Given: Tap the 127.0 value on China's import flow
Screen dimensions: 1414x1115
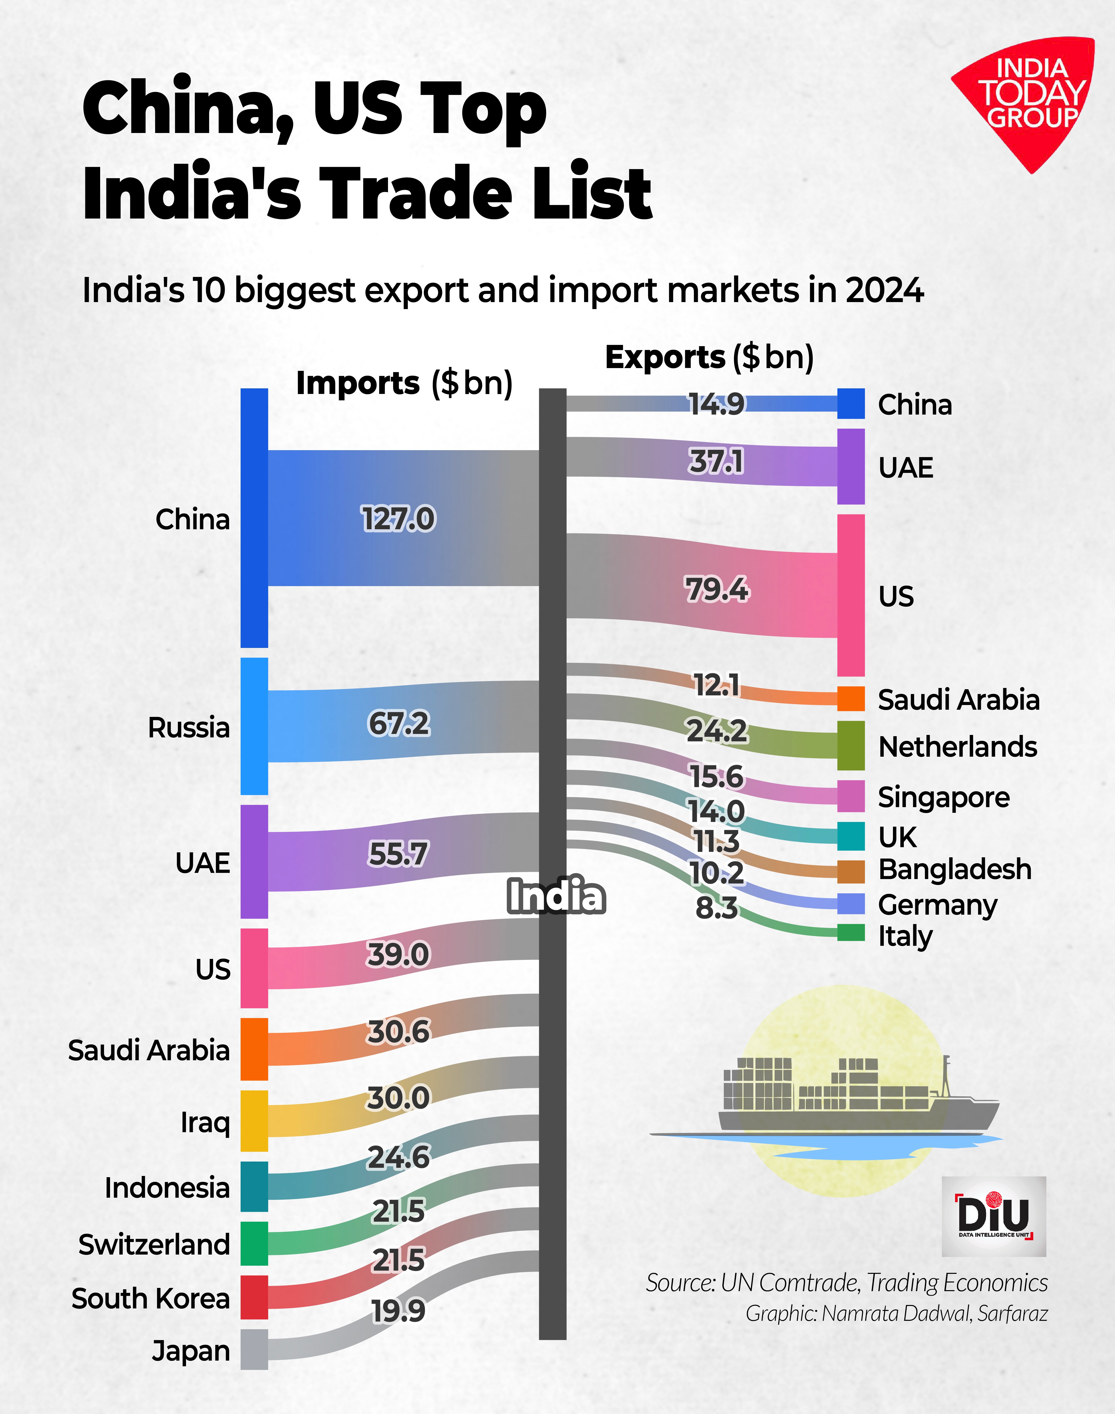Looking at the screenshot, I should pos(398,519).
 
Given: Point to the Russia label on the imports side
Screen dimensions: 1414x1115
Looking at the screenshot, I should pos(189,728).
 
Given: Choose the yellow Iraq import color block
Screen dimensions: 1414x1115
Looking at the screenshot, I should pos(254,1121).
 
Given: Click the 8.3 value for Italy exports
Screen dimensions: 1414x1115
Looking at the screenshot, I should pos(716,908).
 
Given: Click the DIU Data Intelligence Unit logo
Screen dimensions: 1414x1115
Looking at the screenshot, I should pos(994,1216).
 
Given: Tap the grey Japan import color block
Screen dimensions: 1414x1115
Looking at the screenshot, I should pos(254,1349).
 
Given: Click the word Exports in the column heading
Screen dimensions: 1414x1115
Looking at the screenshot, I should pos(664,357).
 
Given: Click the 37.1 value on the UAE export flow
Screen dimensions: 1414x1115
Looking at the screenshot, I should pos(716,462).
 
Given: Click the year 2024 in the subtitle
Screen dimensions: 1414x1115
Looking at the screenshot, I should pos(885,290).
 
